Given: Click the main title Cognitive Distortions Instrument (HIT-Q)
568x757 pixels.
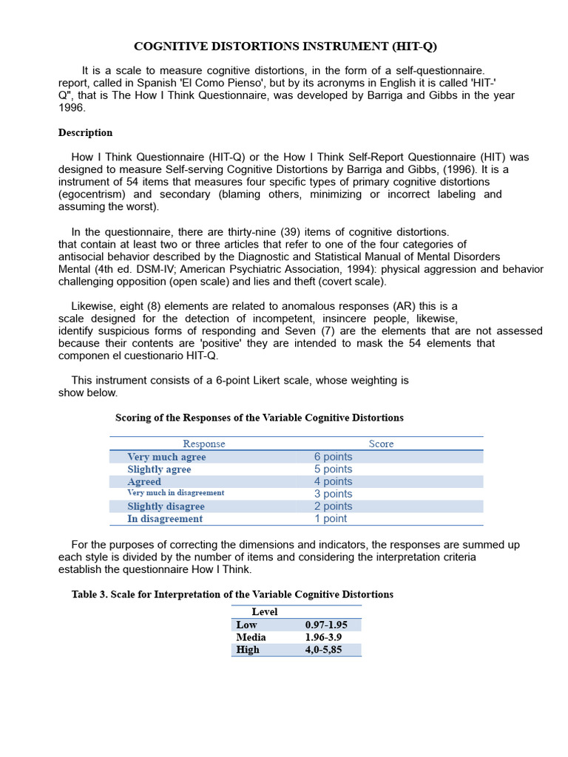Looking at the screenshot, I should coord(285,47).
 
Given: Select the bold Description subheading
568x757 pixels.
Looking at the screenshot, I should coord(85,133).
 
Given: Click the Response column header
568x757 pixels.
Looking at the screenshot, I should coord(204,444).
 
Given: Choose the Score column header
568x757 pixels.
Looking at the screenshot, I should coord(381,444).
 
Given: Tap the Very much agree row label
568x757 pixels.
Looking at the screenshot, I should coord(166,458).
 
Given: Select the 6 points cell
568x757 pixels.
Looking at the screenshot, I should coord(333,457).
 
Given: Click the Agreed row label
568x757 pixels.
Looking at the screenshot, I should coord(144,482).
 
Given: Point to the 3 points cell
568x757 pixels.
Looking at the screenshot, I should coord(333,494).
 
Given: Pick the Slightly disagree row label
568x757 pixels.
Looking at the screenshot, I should coord(166,506).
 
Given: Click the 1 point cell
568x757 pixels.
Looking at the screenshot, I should coord(330,519).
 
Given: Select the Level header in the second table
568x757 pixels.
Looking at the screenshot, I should coord(265,612).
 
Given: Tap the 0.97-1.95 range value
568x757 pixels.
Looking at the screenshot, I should coord(326,625).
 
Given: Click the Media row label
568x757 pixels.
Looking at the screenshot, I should coord(251,637).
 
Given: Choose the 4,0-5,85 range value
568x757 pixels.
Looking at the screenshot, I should coord(325,650).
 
